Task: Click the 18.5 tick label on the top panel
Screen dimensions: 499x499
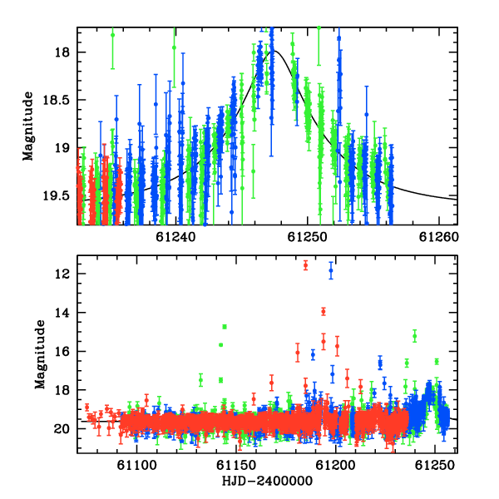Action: [56, 100]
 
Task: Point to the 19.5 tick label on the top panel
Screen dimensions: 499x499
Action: [56, 195]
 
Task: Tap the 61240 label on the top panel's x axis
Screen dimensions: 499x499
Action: [175, 237]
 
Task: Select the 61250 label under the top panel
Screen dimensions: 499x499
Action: [307, 237]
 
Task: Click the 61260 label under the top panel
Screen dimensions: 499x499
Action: [439, 237]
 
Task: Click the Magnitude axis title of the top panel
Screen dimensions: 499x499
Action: [28, 126]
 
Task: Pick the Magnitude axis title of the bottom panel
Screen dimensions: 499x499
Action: [40, 354]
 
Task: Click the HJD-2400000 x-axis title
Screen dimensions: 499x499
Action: [267, 481]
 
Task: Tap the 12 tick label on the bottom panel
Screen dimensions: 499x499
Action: [62, 274]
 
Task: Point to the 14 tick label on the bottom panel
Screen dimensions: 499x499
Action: [62, 313]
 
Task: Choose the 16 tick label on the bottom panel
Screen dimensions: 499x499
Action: [62, 351]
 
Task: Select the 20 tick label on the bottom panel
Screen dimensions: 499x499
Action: [62, 429]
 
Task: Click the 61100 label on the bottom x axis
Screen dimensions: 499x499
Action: [137, 465]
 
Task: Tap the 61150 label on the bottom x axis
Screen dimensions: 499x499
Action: [236, 465]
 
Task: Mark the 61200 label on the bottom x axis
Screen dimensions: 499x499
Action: [335, 465]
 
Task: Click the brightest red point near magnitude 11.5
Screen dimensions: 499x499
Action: [305, 265]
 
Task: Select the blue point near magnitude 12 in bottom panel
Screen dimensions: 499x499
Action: [331, 270]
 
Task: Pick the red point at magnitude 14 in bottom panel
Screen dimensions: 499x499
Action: [324, 312]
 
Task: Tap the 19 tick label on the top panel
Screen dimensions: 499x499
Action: [62, 148]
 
